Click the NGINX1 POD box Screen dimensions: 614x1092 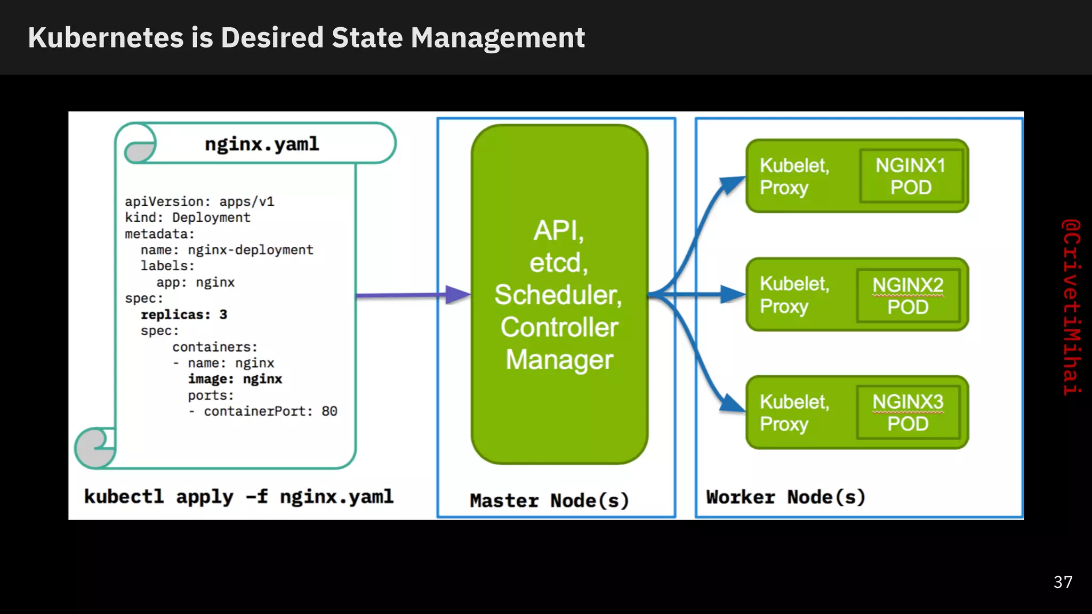tap(911, 176)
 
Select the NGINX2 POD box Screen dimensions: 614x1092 tap(908, 296)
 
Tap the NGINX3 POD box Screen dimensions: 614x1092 tap(908, 413)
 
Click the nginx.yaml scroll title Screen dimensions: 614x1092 tap(262, 144)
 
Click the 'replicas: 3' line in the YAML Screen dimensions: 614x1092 tap(184, 314)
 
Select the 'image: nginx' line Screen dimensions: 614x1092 tap(235, 379)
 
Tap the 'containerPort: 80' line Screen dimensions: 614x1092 tap(270, 411)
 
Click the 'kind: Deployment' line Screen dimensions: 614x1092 tap(187, 217)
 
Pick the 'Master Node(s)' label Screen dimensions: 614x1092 tap(549, 500)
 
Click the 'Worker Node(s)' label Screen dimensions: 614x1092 tap(785, 497)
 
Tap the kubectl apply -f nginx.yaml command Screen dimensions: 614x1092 tap(238, 496)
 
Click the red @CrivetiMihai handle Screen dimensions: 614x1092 tap(1071, 307)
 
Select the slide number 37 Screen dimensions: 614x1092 tap(1063, 582)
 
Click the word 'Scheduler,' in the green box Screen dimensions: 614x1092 tap(558, 295)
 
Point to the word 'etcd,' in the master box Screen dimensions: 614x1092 tap(558, 263)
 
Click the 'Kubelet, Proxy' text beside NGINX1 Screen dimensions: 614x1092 tap(794, 176)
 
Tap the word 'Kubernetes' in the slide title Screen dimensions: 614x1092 tap(106, 38)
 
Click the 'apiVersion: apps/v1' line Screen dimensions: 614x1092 tap(199, 201)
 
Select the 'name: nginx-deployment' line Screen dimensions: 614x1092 tap(227, 250)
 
